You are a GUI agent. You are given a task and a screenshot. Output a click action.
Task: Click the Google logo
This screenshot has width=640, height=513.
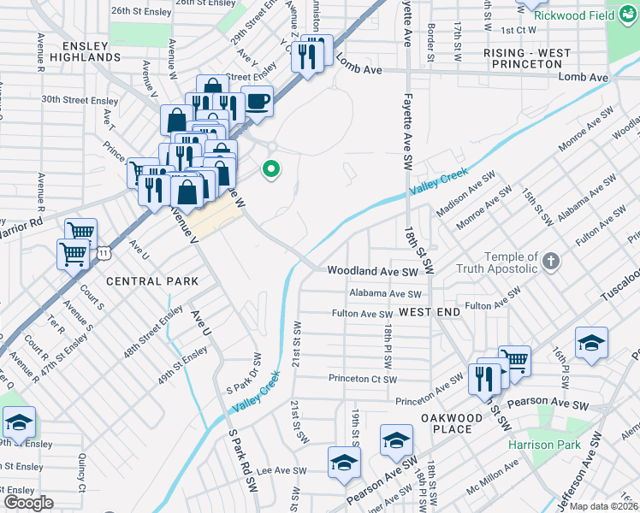coord(28,502)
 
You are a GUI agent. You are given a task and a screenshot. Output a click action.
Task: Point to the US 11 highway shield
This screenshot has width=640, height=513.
coord(104,253)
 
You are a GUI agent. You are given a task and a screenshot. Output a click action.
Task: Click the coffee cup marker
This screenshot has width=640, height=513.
coord(258,103)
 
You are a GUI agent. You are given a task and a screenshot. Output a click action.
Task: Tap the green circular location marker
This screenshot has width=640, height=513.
coord(272,169)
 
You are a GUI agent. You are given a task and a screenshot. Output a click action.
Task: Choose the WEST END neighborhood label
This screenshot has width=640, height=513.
coord(430,312)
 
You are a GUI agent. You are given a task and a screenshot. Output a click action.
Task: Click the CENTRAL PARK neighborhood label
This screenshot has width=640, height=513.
coord(152,281)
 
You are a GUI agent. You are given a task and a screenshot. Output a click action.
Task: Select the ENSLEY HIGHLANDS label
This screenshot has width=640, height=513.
coord(79,50)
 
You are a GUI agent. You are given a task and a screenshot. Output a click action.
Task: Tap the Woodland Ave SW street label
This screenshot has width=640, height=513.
coord(372,271)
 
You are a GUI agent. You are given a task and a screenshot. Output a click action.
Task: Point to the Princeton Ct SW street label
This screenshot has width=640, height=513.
coord(363,379)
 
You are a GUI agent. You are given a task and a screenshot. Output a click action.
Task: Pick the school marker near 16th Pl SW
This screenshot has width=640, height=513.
coord(591,344)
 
